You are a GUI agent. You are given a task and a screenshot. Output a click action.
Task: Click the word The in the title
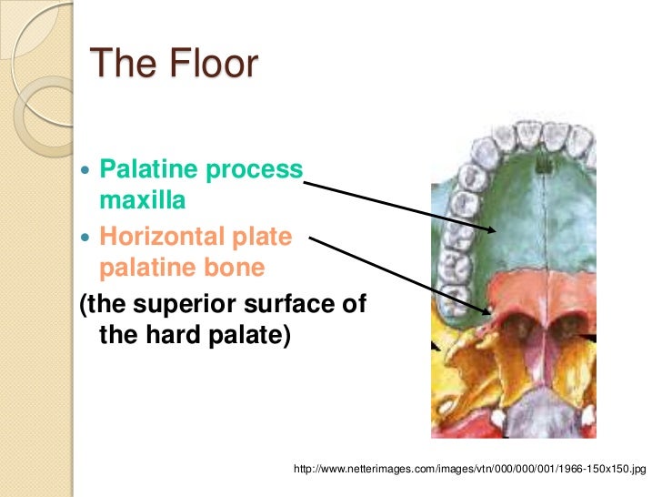tap(118, 66)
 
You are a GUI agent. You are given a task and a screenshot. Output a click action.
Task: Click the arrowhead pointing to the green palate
tap(492, 229)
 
